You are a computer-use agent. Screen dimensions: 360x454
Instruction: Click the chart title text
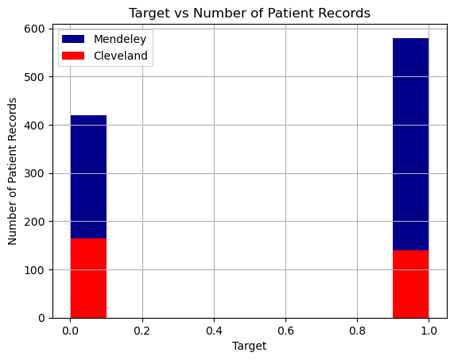coord(250,13)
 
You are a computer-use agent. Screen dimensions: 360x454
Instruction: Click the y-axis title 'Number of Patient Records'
coord(13,172)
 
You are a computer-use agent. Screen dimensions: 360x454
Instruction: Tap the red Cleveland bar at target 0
coord(88,278)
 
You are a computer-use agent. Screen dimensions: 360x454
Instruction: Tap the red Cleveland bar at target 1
coord(410,284)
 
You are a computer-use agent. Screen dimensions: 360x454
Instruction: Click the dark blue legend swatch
coord(73,40)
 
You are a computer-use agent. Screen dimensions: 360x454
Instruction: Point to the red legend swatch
coord(73,56)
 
